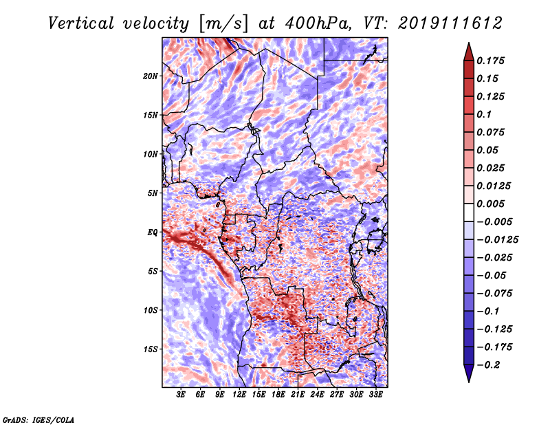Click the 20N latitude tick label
[151, 76]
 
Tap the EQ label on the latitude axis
[153, 232]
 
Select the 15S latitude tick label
[151, 349]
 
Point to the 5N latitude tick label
[153, 193]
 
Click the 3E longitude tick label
[181, 395]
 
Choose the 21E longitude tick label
[298, 395]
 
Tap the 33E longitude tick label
[375, 395]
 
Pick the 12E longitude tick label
[239, 395]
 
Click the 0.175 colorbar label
[490, 61]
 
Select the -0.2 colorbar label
[489, 365]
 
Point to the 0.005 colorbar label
[490, 204]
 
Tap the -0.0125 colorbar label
[497, 240]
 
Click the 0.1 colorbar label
[484, 114]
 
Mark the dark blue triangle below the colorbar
[469, 373]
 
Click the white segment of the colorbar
[469, 212]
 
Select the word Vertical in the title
[81, 23]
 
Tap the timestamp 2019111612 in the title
[450, 23]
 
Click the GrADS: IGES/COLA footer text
[38, 419]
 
